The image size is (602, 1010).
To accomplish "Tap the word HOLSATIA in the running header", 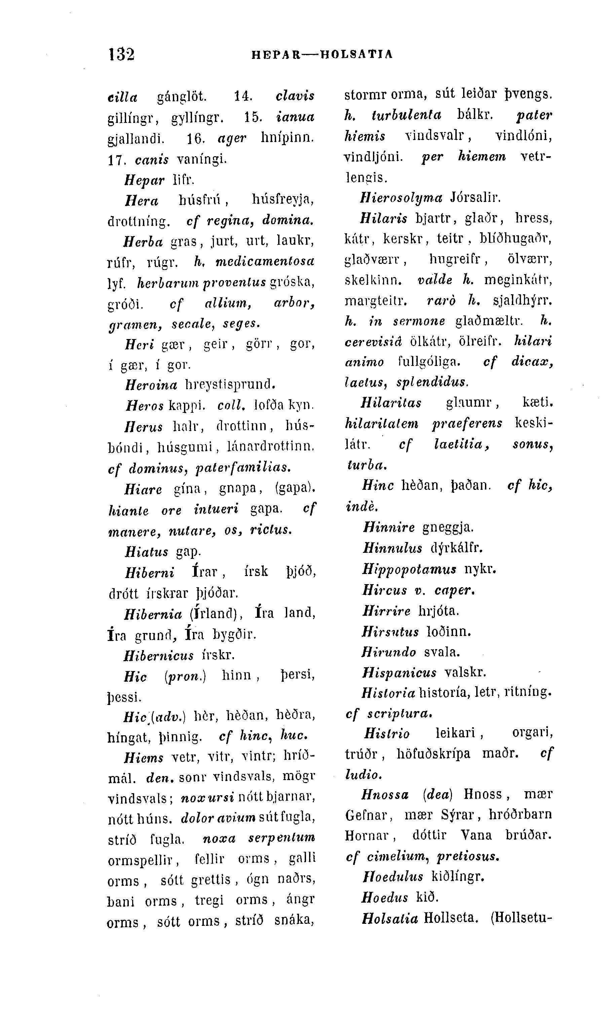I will click(x=356, y=55).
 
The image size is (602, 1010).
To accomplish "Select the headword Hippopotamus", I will click(x=409, y=569).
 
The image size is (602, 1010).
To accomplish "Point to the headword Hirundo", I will click(x=389, y=652).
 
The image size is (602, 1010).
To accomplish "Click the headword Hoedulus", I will click(x=393, y=877).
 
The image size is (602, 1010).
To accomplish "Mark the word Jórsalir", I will click(x=476, y=198).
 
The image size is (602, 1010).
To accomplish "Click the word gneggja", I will click(x=448, y=528).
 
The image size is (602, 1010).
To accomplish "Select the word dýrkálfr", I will click(x=456, y=548).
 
